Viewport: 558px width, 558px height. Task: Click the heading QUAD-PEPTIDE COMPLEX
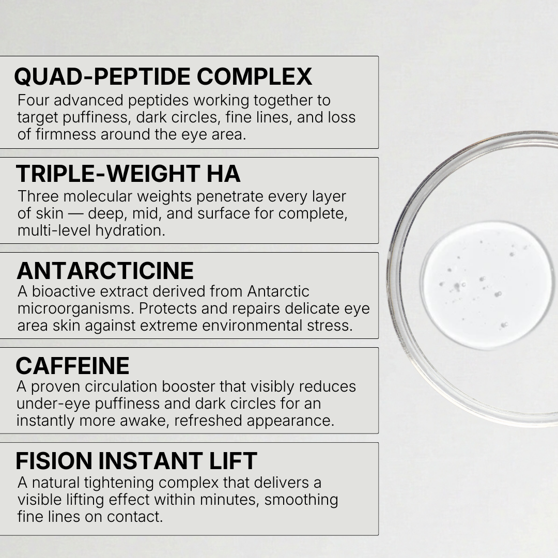click(x=163, y=76)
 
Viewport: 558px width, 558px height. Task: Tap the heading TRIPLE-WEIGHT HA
click(x=128, y=174)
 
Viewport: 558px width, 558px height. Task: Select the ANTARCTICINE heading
click(x=105, y=271)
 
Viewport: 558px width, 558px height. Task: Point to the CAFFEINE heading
click(x=72, y=366)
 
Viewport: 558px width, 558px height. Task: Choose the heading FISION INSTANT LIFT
click(x=136, y=461)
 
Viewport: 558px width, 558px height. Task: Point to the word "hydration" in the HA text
click(x=130, y=230)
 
